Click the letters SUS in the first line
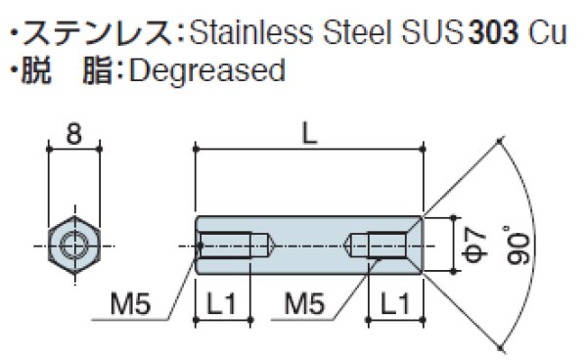coord(430,34)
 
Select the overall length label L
coord(310,134)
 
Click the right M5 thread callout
coord(305,306)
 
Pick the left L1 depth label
coord(224,306)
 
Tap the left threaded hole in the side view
coord(232,243)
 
